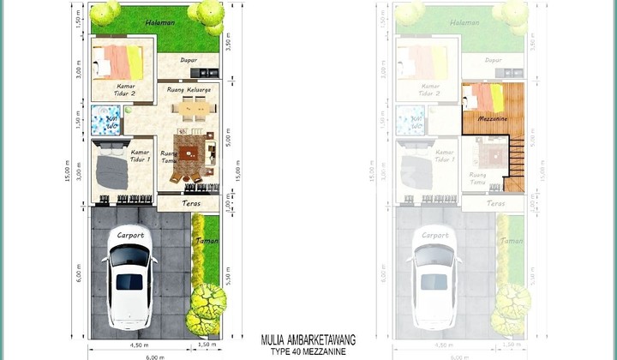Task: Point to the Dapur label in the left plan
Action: tap(189, 61)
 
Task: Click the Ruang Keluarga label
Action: tap(188, 89)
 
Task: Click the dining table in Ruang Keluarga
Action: tap(189, 109)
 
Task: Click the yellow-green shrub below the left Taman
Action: tap(207, 309)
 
